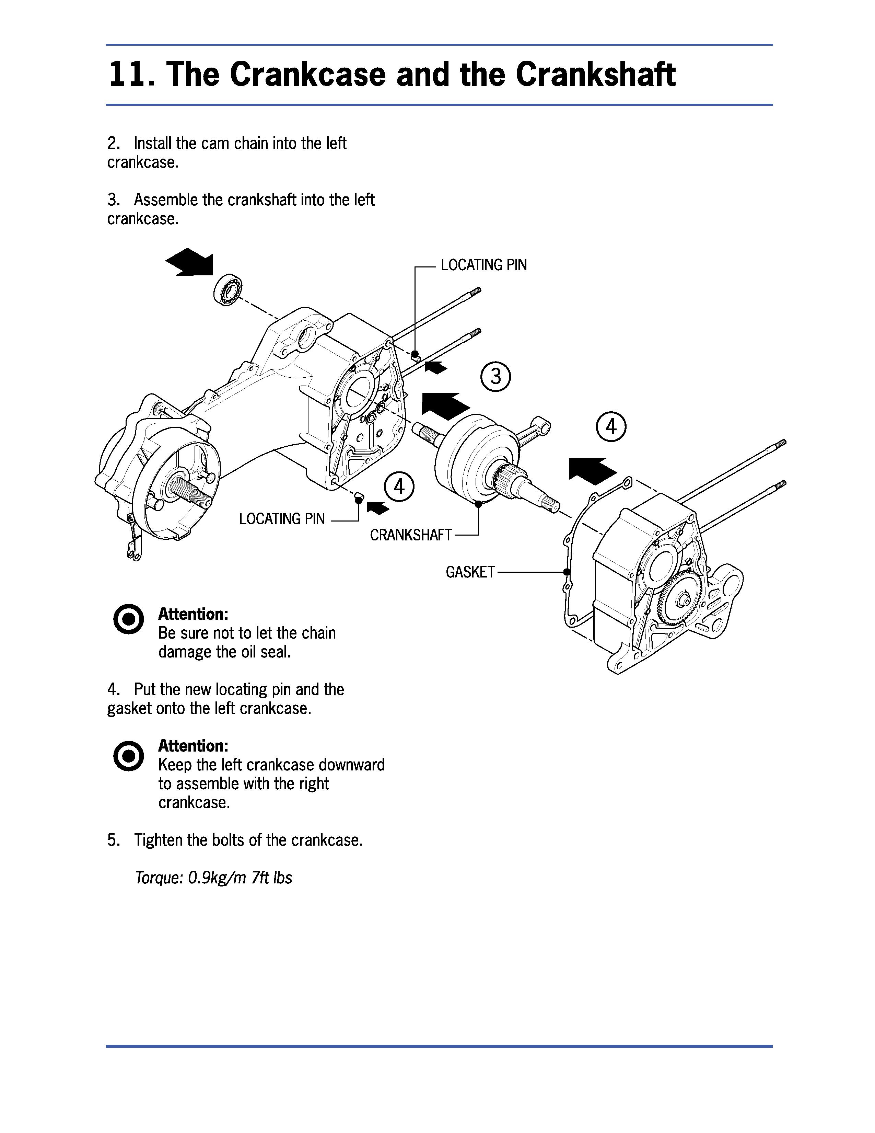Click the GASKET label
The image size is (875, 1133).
click(x=470, y=572)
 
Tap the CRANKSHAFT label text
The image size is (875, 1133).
click(x=410, y=535)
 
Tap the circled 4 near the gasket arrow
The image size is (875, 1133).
click(x=611, y=427)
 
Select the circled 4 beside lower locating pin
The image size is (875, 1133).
click(x=399, y=487)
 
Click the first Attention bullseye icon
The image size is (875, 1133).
click(x=128, y=619)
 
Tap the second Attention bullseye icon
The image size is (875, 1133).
click(x=128, y=756)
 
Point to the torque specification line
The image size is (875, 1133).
click(x=213, y=878)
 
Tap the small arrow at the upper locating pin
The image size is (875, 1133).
click(x=436, y=367)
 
